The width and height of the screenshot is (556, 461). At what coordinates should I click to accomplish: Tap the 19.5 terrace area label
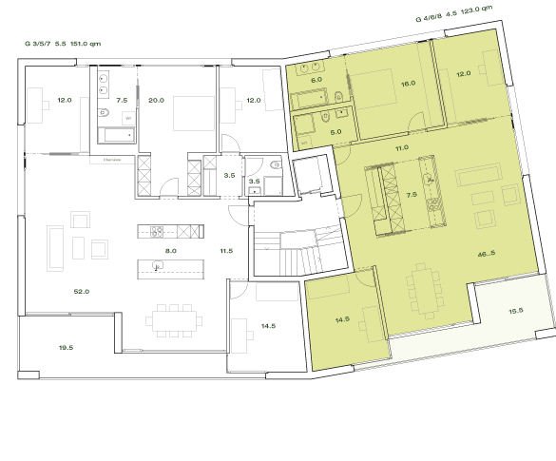[x=66, y=349]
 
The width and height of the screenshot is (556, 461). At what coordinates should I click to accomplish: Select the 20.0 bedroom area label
[x=157, y=100]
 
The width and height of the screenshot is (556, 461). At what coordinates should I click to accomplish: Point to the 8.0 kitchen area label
[x=170, y=250]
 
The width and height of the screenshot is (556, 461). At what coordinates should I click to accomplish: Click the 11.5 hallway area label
[x=226, y=250]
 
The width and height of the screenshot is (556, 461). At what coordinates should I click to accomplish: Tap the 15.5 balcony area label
[x=516, y=311]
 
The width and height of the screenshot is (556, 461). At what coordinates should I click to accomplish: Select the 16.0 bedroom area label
[x=408, y=84]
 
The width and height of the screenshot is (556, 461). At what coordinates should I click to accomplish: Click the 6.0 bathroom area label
[x=316, y=80]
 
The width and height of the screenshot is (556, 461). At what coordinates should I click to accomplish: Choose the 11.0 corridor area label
[x=401, y=148]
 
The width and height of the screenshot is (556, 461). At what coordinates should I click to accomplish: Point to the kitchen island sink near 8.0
[x=152, y=266]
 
